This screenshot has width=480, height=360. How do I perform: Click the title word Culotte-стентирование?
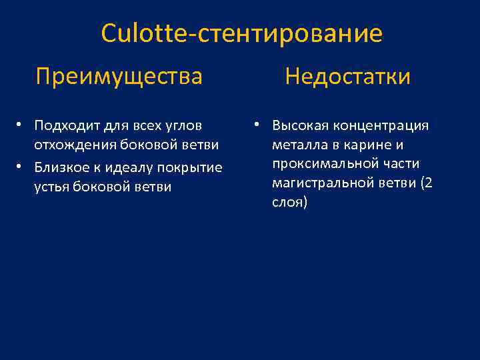pyautogui.click(x=241, y=33)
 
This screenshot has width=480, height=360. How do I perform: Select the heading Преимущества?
pyautogui.click(x=119, y=76)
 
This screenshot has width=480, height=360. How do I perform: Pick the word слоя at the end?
pyautogui.click(x=287, y=203)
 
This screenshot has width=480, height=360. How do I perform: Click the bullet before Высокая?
pyautogui.click(x=255, y=125)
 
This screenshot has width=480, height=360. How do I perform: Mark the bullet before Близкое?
pyautogui.click(x=21, y=166)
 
